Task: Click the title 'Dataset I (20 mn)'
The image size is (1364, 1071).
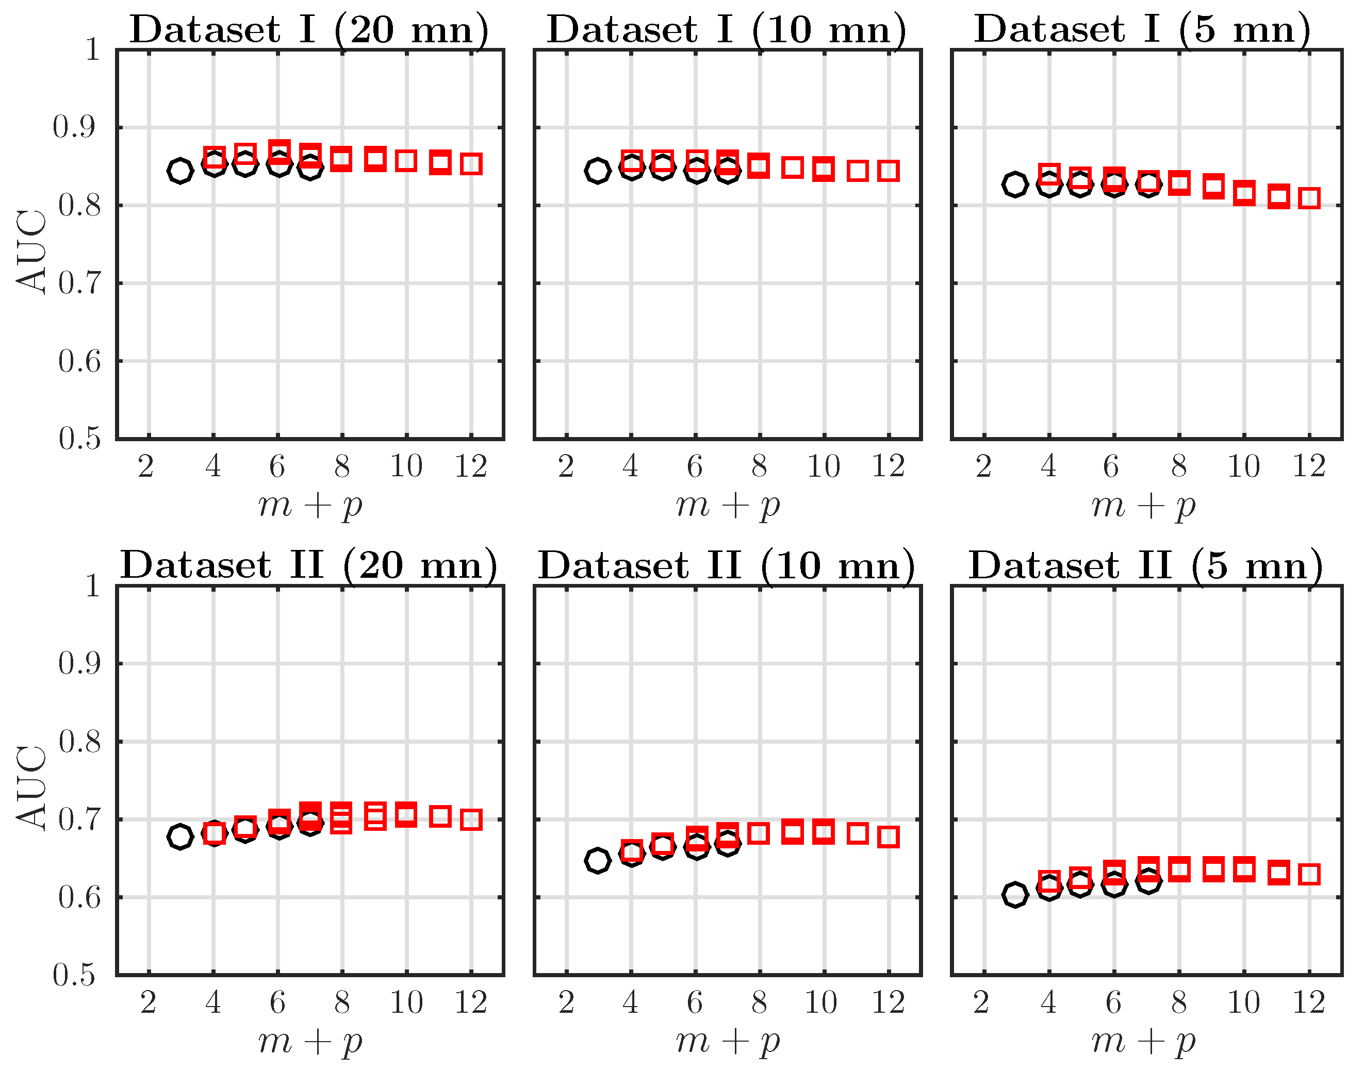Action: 309,29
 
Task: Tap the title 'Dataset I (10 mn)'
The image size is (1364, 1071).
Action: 727,29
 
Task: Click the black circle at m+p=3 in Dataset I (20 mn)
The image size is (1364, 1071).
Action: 180,171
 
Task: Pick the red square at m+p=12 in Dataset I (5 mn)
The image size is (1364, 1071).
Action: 1309,198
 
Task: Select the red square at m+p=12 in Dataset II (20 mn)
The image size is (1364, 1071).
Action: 471,819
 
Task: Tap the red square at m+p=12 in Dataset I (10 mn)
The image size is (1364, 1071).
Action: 889,171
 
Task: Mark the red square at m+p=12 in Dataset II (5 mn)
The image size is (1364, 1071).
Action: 1309,874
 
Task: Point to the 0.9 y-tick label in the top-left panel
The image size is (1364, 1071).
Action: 74,127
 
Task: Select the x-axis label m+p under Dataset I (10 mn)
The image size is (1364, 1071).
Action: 728,506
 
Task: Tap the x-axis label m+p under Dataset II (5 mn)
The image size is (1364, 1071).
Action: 1144,1042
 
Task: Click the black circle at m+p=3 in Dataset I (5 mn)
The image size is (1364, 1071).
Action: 1015,185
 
